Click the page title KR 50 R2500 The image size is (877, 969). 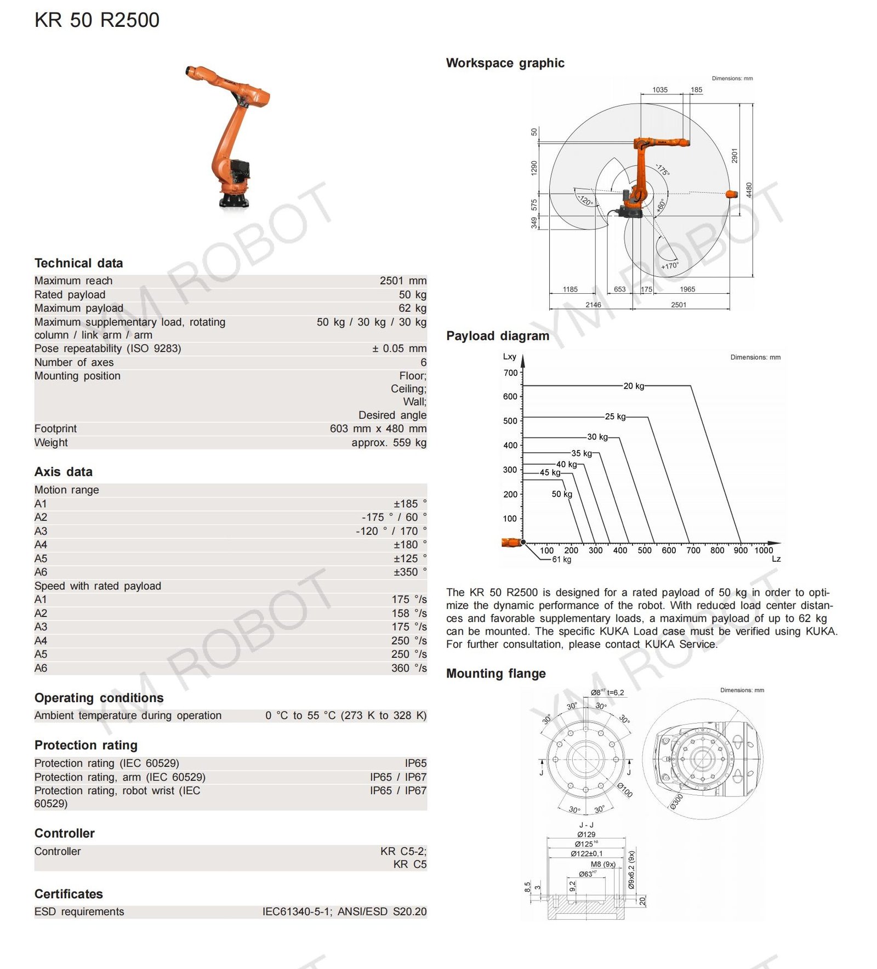pos(97,20)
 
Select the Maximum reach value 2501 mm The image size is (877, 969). pos(402,281)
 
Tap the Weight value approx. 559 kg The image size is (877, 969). pos(389,442)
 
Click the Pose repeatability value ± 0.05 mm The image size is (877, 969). pos(398,349)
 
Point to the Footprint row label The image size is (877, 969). pos(55,429)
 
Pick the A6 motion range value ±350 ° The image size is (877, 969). pos(409,572)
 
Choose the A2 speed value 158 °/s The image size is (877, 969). pos(409,613)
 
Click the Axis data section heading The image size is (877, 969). pos(64,472)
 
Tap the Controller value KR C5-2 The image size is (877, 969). pos(403,851)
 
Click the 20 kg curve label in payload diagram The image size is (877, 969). pos(634,386)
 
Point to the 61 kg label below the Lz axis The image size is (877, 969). pos(561,560)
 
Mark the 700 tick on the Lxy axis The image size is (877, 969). pos(510,373)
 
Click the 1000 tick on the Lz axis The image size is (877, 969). pos(764,550)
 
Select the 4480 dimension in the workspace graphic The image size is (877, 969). pos(749,190)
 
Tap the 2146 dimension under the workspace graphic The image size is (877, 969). pos(593,305)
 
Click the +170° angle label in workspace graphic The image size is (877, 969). pos(670,266)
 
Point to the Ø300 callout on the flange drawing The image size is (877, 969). pos(676,801)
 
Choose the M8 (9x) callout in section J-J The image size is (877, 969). pos(603,864)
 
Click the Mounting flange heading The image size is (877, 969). pos(496,674)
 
